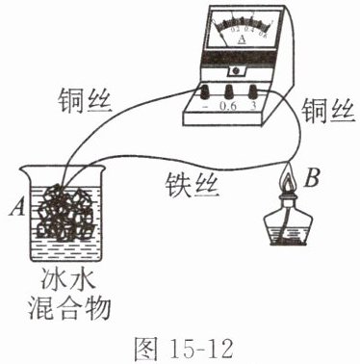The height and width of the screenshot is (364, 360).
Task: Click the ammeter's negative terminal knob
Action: (204, 92)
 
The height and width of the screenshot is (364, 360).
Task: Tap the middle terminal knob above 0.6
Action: (228, 92)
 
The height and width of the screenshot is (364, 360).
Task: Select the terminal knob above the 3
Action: (253, 92)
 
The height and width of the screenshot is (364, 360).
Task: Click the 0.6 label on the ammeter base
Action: (228, 106)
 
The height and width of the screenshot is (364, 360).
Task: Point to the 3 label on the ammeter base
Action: (253, 106)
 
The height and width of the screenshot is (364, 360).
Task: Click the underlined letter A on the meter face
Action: (243, 39)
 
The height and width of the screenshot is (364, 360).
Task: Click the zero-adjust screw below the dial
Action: (237, 70)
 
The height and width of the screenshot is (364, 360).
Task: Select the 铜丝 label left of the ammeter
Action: (85, 100)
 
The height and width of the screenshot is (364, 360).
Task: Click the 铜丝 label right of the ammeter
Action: (328, 112)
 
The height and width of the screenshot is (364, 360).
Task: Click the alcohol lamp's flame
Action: (288, 180)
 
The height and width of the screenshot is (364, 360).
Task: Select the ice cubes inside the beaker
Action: (65, 213)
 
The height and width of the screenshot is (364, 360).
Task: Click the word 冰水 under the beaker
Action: (67, 279)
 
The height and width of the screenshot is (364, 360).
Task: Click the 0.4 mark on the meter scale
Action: (249, 30)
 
